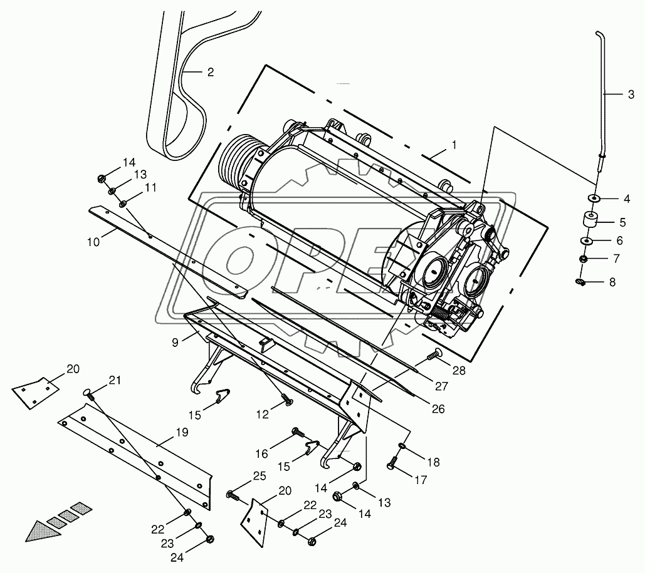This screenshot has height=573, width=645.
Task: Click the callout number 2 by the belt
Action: click(x=211, y=72)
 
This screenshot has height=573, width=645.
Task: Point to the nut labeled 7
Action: click(x=583, y=259)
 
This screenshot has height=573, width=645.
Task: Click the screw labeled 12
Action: click(x=285, y=399)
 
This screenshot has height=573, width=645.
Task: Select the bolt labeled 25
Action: click(x=233, y=495)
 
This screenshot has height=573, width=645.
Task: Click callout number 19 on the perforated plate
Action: click(x=181, y=432)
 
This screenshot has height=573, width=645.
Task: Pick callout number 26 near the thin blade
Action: click(x=438, y=409)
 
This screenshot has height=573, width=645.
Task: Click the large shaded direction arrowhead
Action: click(x=39, y=530)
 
